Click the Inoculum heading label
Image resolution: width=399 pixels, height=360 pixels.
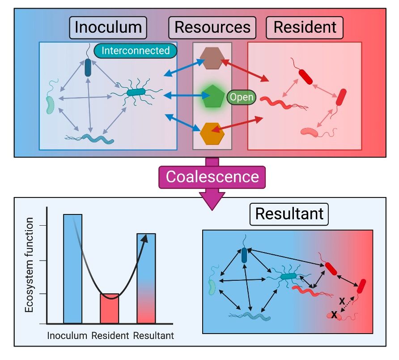(x=108, y=27)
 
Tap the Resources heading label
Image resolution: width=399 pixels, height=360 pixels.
(x=212, y=27)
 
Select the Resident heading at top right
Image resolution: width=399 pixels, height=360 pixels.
(x=305, y=27)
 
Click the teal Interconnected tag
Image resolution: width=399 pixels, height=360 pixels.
(x=136, y=51)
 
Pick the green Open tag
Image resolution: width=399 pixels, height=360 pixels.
(x=242, y=97)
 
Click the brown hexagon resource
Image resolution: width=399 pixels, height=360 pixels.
(x=212, y=59)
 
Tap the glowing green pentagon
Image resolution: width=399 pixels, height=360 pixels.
(x=212, y=97)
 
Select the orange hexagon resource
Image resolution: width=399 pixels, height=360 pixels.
(x=212, y=133)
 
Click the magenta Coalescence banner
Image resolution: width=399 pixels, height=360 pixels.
(x=212, y=176)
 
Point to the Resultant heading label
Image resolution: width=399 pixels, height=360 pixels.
(x=289, y=214)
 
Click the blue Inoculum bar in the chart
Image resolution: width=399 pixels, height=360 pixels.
(x=72, y=269)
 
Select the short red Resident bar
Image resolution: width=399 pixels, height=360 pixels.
(x=109, y=309)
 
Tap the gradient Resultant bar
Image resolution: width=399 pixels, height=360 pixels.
(x=146, y=278)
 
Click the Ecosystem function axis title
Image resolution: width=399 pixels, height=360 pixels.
(x=30, y=266)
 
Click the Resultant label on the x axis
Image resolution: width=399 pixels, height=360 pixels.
(x=153, y=335)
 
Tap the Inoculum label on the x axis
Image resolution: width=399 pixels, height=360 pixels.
(x=67, y=335)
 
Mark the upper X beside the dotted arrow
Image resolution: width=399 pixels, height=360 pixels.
(x=342, y=301)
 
